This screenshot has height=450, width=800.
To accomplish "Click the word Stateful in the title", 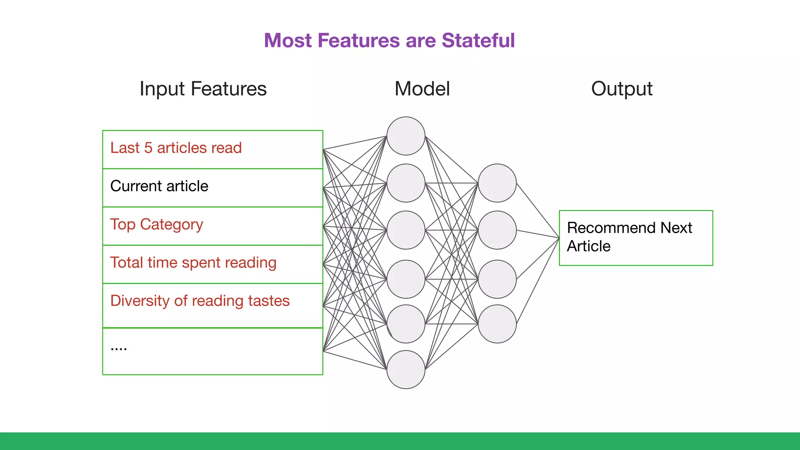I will coord(478,41).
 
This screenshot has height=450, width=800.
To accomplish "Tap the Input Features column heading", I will coord(203,89).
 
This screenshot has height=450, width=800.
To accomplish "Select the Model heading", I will coord(422,89).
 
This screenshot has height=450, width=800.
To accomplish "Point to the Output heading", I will coord(621,89).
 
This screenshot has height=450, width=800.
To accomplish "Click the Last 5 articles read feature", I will coord(176,148).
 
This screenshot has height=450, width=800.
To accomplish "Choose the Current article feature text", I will coord(159,186).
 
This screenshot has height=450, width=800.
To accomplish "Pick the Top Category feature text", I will coord(156,225).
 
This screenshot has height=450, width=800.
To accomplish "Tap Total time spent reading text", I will coord(193,263).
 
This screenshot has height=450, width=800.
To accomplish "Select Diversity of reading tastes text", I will coord(200,301).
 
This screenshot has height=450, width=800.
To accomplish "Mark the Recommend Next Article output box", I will coord(636,237).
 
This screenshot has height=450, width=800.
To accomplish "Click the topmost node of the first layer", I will coord(406,136).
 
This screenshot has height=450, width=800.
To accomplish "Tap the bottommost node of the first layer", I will coord(406,370).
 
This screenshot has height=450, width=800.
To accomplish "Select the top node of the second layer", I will coord(497,183).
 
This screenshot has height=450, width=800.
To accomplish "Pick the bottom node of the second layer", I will coord(497,324).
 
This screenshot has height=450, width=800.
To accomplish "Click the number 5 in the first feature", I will coord(148,148).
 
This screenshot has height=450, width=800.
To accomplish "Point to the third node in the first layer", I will coord(406,230).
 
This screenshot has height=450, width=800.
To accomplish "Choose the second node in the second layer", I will coord(497,230).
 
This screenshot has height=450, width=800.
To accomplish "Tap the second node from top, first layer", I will coord(406,183).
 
